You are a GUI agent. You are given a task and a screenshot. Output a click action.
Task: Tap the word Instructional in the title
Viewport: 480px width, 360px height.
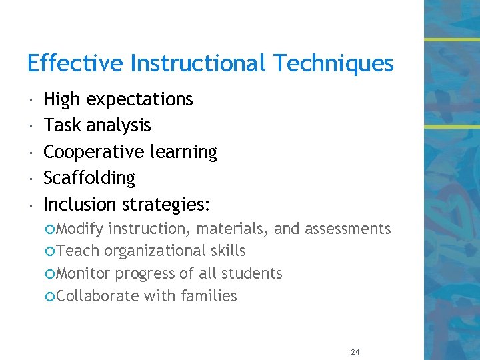click(x=198, y=64)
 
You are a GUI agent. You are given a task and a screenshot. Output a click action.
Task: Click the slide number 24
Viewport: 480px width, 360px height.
click(x=354, y=352)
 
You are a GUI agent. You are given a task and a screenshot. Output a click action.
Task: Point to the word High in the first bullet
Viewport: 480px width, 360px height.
click(x=62, y=100)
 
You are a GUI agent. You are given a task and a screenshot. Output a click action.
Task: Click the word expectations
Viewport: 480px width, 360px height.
click(x=139, y=100)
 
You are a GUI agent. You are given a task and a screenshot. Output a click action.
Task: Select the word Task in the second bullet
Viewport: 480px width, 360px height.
click(x=61, y=125)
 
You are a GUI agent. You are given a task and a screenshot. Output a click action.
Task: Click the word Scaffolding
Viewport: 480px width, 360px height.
click(x=89, y=179)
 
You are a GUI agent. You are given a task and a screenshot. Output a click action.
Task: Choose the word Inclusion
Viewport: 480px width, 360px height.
click(x=81, y=204)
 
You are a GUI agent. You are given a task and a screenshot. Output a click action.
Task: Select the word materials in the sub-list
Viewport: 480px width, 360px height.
click(x=232, y=229)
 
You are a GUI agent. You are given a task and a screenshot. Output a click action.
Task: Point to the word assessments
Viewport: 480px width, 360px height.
click(x=347, y=229)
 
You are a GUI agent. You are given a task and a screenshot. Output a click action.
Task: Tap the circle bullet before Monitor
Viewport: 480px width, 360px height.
click(x=51, y=274)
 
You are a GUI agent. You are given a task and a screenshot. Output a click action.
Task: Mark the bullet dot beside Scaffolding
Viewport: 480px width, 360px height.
click(x=31, y=179)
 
